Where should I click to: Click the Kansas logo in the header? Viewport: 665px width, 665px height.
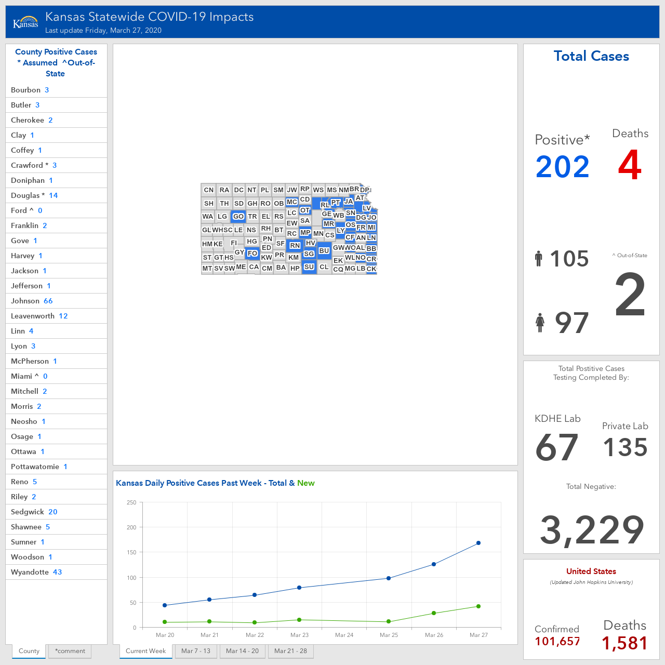[x=25, y=22]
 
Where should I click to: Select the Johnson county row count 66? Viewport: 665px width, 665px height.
[x=48, y=301]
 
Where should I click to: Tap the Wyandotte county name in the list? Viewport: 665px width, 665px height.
[x=30, y=572]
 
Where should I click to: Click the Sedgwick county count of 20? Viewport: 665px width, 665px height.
[x=53, y=512]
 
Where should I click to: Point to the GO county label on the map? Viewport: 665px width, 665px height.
[x=238, y=216]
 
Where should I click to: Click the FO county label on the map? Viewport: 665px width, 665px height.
[x=252, y=254]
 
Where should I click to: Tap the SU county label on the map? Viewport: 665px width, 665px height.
[x=309, y=267]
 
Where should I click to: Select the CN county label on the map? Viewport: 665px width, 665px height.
[x=208, y=190]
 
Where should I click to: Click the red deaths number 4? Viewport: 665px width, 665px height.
[x=630, y=165]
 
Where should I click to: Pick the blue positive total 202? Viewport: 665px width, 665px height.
[x=562, y=167]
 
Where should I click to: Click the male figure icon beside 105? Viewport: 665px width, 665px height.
[x=538, y=259]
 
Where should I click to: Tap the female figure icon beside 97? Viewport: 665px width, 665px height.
[x=540, y=323]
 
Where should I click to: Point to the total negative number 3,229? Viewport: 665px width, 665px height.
[x=592, y=530]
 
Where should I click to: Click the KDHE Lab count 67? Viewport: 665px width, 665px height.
[x=556, y=447]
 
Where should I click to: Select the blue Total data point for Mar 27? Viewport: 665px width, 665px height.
[x=478, y=543]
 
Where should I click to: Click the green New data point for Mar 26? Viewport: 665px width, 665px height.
[x=434, y=613]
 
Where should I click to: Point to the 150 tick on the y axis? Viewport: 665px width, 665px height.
[x=131, y=552]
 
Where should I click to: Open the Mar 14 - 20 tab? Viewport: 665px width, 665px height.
[x=242, y=651]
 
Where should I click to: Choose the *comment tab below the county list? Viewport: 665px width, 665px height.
[x=70, y=651]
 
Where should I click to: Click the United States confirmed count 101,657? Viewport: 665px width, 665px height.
[x=557, y=642]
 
